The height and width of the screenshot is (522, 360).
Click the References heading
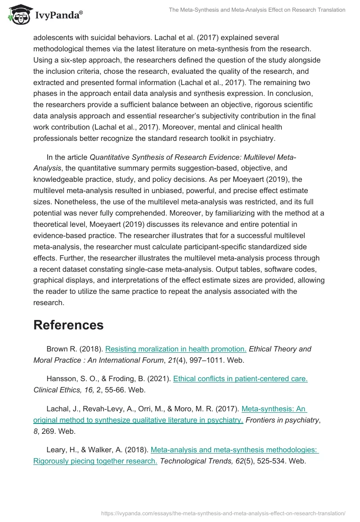click(x=68, y=325)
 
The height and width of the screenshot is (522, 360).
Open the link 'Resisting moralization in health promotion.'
click(x=176, y=349)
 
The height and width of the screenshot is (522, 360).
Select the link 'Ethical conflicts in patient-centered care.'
click(x=240, y=378)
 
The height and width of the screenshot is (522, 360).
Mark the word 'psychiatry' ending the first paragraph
click(x=257, y=139)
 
